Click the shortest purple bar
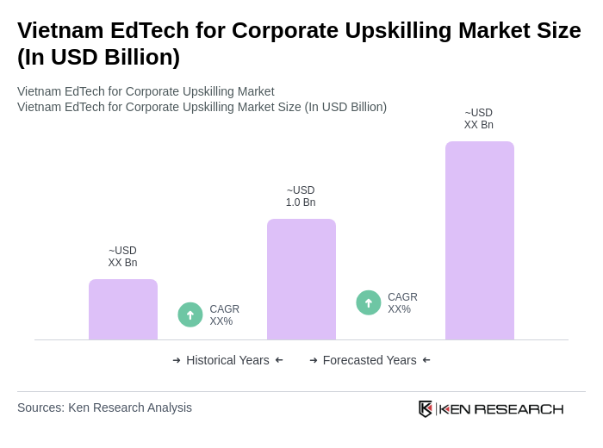123,309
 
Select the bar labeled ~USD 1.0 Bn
301,279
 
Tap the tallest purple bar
480,240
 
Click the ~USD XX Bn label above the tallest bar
479,119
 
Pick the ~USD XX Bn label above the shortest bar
122,257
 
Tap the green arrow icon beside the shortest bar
190,314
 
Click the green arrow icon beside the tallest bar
369,302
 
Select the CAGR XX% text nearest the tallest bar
402,303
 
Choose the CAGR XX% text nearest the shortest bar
224,315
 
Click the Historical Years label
227,360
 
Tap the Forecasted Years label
370,360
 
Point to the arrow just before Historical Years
177,360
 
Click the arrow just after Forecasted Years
426,360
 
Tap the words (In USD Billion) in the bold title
98,57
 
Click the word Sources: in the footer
40,408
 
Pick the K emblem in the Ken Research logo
426,408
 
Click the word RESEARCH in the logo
519,408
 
